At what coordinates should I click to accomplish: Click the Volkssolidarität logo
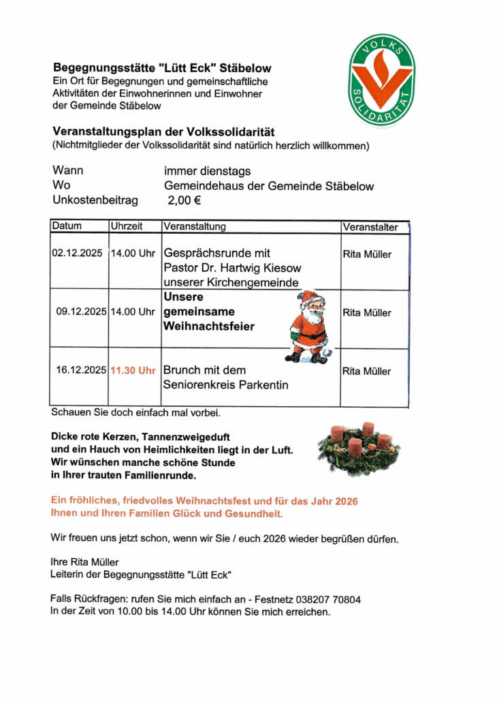(381, 81)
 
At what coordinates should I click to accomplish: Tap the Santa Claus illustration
(309, 326)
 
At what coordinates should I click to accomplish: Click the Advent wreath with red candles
(359, 448)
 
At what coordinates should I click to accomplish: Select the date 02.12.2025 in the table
(77, 254)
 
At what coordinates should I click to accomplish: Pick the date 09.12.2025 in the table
(81, 312)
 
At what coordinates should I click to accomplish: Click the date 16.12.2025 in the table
(81, 371)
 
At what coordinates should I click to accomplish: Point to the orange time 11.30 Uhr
(133, 371)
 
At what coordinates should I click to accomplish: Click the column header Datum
(67, 226)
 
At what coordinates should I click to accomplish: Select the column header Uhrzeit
(127, 226)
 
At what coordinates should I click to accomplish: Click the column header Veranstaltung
(194, 226)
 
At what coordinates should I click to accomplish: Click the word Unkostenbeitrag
(95, 200)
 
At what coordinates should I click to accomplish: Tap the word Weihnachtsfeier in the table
(208, 326)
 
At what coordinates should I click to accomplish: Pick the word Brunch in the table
(182, 370)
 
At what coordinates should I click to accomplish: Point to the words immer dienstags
(207, 171)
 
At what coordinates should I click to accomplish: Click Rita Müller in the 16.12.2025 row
(367, 371)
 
